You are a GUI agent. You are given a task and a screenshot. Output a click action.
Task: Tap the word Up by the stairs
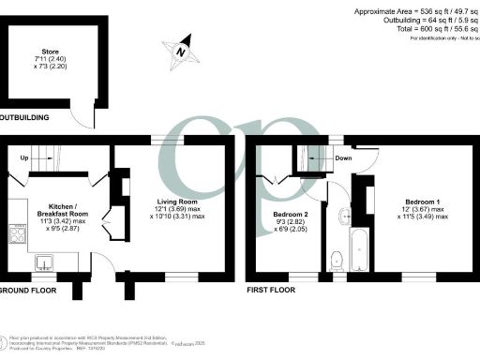(23, 158)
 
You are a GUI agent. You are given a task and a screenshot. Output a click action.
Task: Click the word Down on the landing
(344, 158)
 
